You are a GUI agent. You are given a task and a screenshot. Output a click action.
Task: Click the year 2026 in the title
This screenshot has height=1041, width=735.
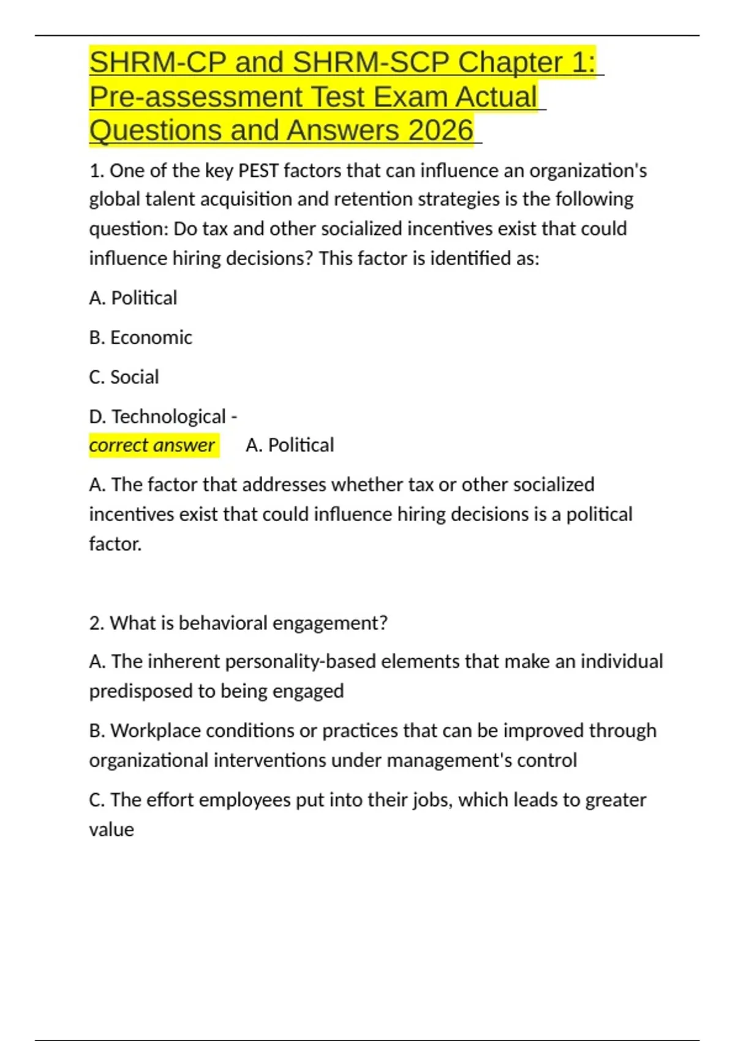coord(440,130)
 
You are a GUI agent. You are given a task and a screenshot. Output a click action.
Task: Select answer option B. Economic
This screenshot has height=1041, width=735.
coord(140,337)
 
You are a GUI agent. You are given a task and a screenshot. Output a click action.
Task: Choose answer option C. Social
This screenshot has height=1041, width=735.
coord(124,377)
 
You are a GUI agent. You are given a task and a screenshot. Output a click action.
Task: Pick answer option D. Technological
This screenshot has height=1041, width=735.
coord(157,416)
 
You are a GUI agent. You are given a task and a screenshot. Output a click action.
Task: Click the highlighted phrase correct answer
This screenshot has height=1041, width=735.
coord(153,445)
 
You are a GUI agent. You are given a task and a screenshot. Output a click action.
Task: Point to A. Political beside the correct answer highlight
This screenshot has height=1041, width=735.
coord(290,445)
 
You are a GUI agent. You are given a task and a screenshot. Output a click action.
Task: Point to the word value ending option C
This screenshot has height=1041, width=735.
coord(111,830)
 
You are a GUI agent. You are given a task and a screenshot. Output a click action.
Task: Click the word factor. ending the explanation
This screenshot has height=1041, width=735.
coord(115,544)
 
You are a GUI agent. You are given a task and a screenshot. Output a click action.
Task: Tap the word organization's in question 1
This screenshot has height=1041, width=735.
coord(587,170)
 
